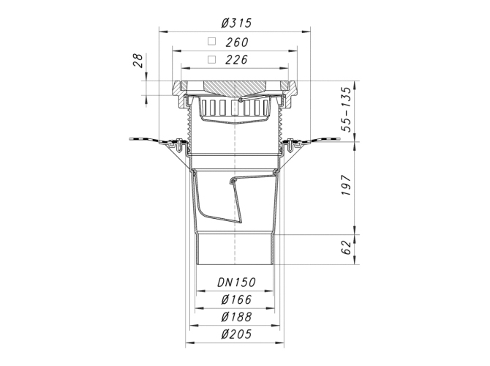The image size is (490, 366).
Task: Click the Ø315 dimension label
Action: [236, 23]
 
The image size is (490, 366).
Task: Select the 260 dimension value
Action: [237, 42]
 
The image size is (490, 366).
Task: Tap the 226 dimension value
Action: [236, 59]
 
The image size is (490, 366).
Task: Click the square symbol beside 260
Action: [212, 41]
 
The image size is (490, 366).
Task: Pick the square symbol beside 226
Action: [212, 59]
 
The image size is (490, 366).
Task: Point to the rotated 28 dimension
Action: [137, 61]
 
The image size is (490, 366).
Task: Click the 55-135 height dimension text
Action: [346, 110]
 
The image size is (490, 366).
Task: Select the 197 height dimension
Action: [346, 185]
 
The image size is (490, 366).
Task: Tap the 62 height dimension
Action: [346, 247]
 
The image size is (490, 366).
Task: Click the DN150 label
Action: [236, 283]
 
